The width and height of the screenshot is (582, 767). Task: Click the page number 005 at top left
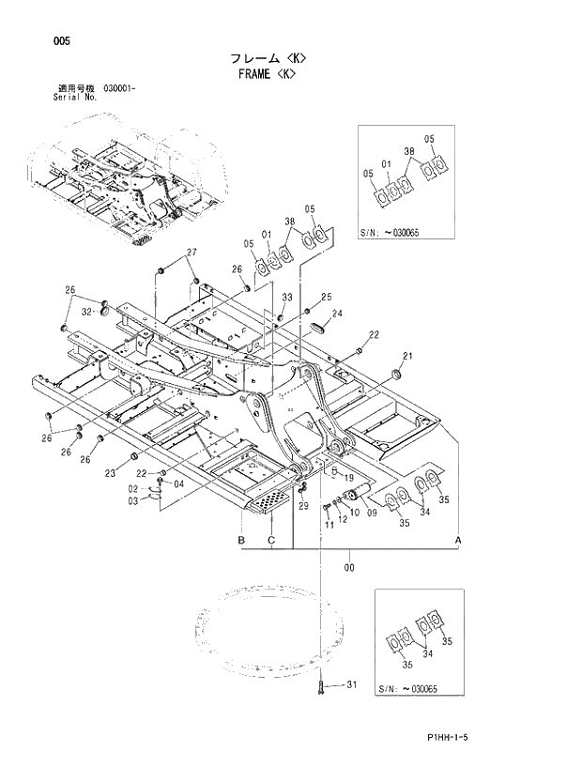(x=36, y=40)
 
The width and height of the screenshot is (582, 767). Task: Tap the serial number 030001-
(x=114, y=87)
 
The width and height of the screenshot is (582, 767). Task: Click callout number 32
(x=85, y=310)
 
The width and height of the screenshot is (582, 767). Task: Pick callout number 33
(x=286, y=298)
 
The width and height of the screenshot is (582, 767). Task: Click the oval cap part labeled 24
(x=317, y=327)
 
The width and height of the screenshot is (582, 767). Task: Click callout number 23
(x=111, y=472)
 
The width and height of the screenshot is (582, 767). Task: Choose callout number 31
(x=352, y=685)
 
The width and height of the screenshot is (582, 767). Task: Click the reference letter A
(x=458, y=541)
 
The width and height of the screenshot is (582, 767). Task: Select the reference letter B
(x=241, y=541)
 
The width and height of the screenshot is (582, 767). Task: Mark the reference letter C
(x=271, y=541)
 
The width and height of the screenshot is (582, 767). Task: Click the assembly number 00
(x=349, y=567)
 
